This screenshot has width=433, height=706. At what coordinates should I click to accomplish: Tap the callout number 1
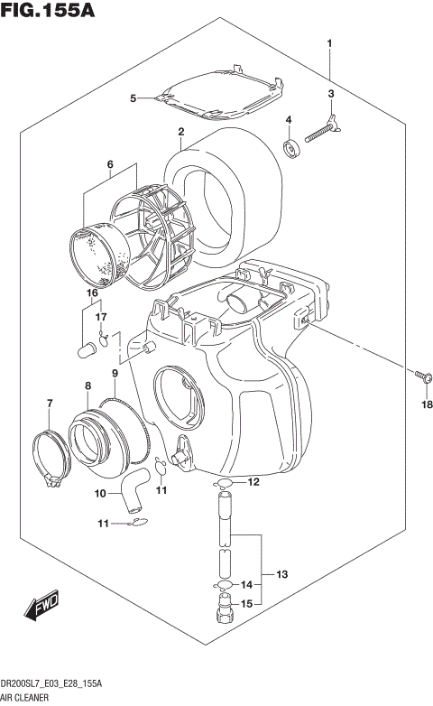tap(330, 42)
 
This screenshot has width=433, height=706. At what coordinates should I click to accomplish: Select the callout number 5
tap(132, 98)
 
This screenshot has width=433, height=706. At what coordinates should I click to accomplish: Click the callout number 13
tap(281, 574)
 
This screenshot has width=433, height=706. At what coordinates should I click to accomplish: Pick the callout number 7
tap(50, 403)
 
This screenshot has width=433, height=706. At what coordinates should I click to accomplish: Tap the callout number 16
tap(91, 293)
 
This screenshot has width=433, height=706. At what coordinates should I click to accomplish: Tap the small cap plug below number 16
tap(89, 348)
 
